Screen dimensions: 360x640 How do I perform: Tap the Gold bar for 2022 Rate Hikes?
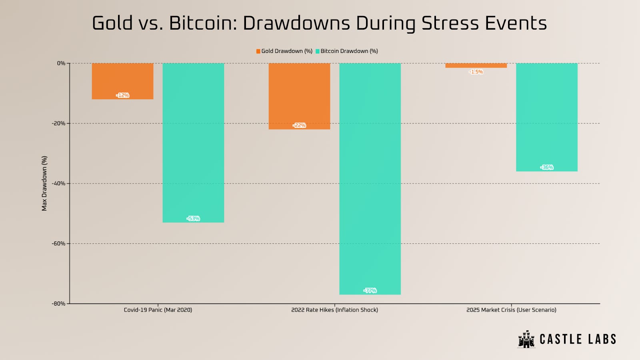click(299, 96)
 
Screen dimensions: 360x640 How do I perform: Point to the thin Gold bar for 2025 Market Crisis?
click(476, 66)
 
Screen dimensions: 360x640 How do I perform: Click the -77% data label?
click(370, 290)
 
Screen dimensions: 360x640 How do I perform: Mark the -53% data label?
click(193, 218)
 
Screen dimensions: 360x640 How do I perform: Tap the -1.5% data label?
click(476, 72)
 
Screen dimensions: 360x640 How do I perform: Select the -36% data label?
click(547, 167)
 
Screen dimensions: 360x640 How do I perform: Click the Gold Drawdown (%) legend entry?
click(284, 51)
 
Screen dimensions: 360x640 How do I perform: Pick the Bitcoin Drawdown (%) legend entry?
click(347, 51)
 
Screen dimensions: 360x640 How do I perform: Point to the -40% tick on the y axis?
click(58, 184)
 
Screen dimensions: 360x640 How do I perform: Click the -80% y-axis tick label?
click(58, 304)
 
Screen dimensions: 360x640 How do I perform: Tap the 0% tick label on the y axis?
click(61, 63)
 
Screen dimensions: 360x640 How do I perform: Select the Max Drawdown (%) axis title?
click(44, 183)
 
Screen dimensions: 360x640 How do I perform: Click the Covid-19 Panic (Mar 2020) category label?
click(158, 310)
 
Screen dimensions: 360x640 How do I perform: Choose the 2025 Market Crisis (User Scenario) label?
click(511, 310)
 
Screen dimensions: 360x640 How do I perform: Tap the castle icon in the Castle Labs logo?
click(526, 339)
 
